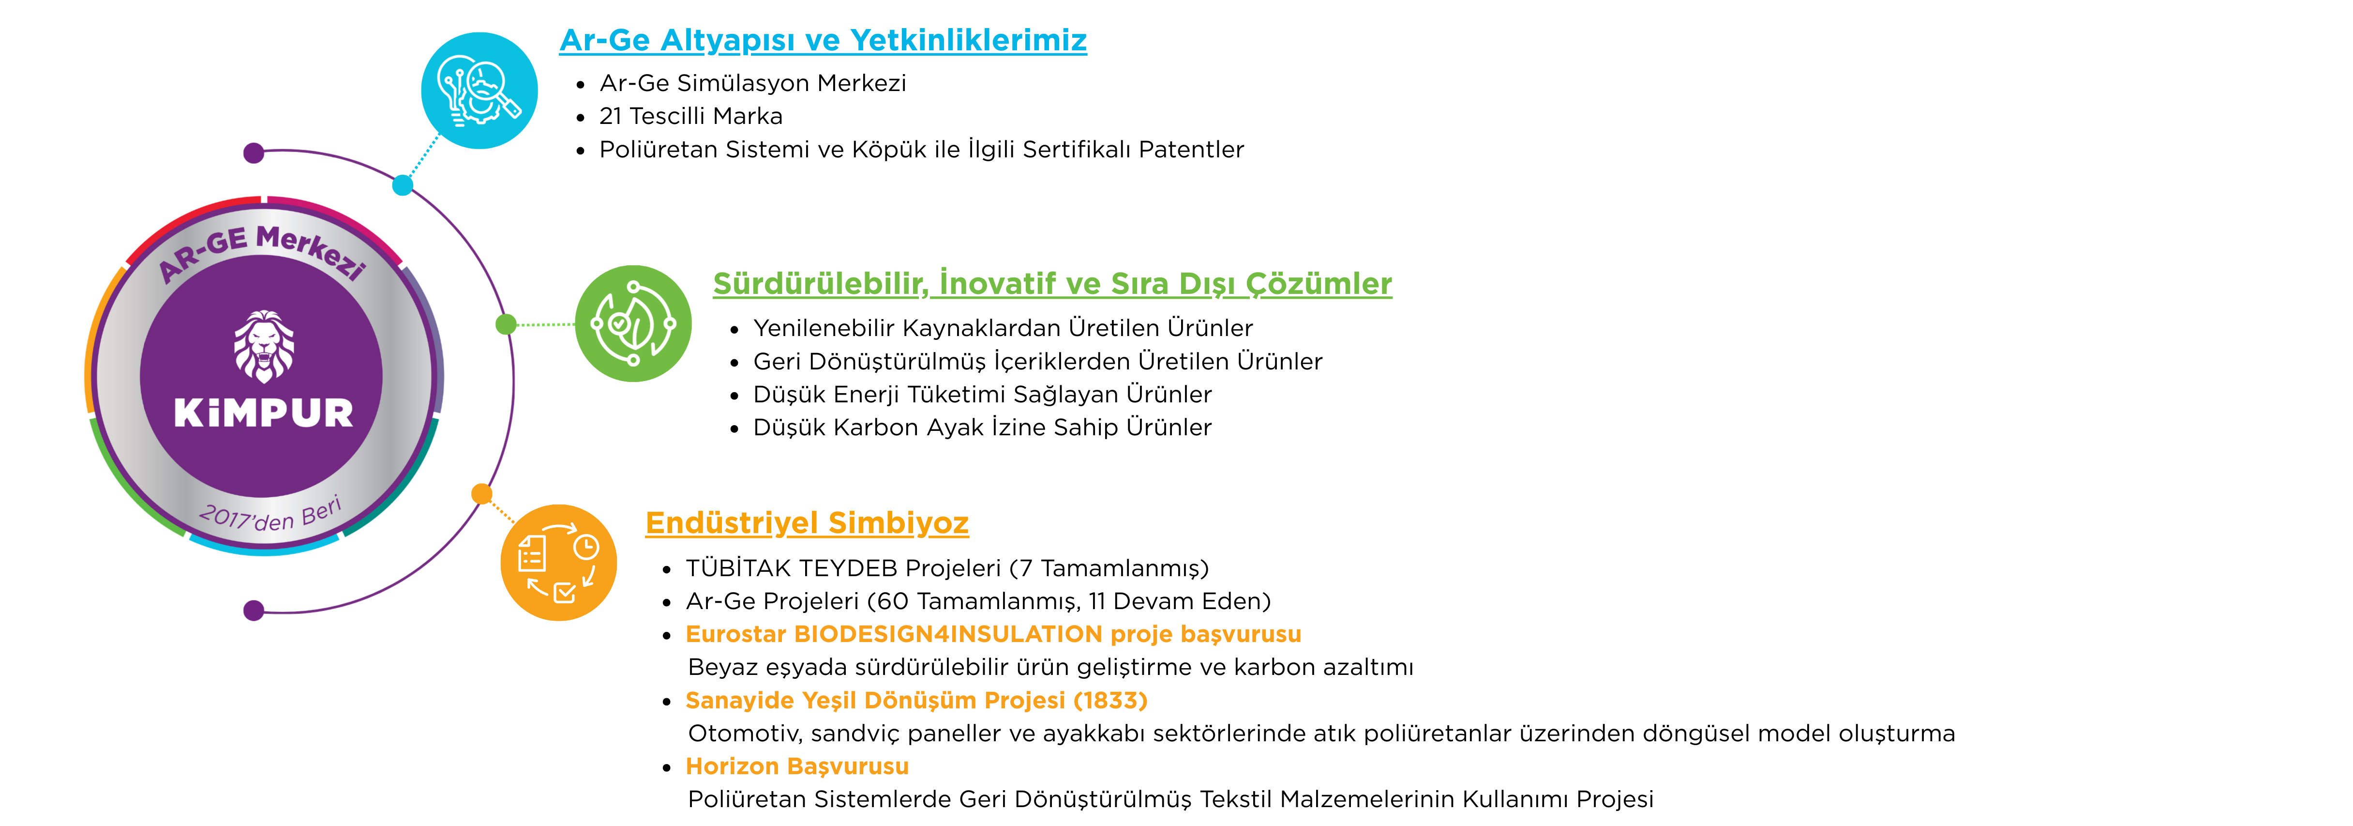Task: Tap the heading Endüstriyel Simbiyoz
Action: click(x=807, y=522)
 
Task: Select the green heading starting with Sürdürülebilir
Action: click(x=1052, y=283)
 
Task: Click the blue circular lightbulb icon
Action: click(x=480, y=91)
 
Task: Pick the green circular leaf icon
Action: click(x=633, y=323)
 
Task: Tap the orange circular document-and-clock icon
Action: click(x=559, y=563)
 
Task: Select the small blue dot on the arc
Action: click(x=403, y=185)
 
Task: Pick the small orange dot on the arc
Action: click(x=481, y=494)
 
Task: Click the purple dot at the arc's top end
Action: click(x=254, y=153)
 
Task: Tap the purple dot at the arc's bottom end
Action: click(x=254, y=611)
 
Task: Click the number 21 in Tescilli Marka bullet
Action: click(x=610, y=116)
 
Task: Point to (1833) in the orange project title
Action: click(x=1110, y=700)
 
